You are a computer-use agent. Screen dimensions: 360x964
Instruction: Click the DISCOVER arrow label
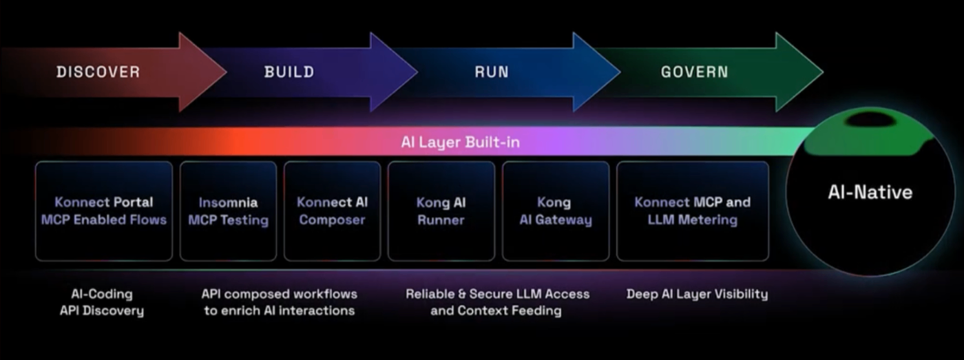coord(98,72)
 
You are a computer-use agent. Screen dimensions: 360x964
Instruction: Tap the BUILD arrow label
coord(289,72)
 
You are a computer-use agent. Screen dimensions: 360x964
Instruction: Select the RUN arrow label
coord(492,72)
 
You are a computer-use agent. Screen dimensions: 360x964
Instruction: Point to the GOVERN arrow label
coord(694,72)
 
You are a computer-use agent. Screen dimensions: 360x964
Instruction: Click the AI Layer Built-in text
coord(460,142)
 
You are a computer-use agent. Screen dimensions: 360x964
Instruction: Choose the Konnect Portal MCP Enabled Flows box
coord(104,211)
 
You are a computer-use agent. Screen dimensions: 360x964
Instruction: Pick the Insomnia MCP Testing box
coord(228,211)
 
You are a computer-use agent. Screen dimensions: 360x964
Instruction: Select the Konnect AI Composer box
coord(332,211)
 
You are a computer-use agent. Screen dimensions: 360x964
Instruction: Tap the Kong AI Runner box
coord(441,211)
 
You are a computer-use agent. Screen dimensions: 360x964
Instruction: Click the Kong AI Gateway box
coord(555,211)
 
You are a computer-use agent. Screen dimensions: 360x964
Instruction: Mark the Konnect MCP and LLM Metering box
coord(692,211)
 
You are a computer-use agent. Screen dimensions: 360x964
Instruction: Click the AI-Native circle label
coord(870,192)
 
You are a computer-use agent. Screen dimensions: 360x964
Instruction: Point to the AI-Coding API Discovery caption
coord(102,302)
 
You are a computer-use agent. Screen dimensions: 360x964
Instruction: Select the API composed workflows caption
coord(279,302)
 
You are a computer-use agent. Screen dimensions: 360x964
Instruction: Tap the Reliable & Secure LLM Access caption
coord(496,302)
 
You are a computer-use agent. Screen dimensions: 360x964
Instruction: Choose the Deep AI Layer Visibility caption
coord(697,294)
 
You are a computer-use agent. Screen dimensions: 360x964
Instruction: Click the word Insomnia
coord(228,202)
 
